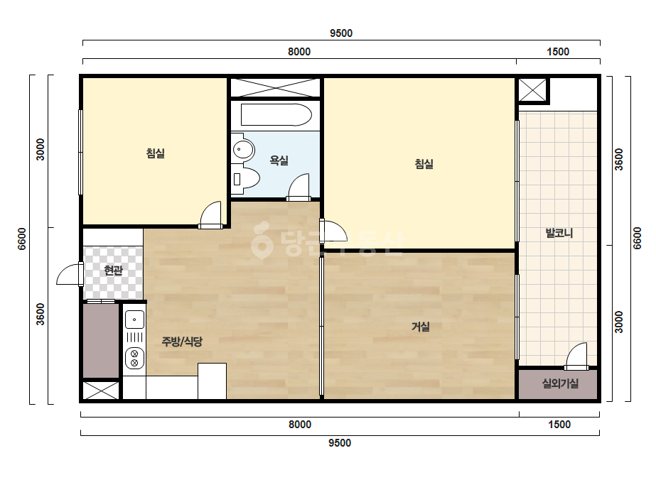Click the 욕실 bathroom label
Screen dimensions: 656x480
pos(279,160)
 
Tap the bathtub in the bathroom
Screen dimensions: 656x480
pos(276,115)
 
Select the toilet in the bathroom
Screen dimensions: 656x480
pos(246,179)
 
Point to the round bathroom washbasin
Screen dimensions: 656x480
pos(243,149)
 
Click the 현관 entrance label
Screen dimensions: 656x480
pos(114,271)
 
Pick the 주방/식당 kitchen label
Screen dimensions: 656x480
pos(182,342)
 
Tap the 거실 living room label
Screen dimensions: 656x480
pos(421,326)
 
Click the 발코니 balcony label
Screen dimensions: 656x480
pos(559,233)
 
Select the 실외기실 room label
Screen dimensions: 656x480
pos(560,383)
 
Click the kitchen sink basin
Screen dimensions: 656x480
pos(134,320)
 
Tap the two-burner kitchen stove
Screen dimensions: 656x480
pos(135,359)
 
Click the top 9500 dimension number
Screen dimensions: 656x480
pos(341,33)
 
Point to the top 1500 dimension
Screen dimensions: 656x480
pos(558,52)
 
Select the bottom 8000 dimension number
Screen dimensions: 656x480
pos(300,425)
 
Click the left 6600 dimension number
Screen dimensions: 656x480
pos(22,239)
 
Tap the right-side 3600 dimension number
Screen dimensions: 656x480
pos(619,159)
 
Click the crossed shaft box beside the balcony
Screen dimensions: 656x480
pos(532,90)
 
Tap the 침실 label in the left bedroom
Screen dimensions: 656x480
pos(155,153)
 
